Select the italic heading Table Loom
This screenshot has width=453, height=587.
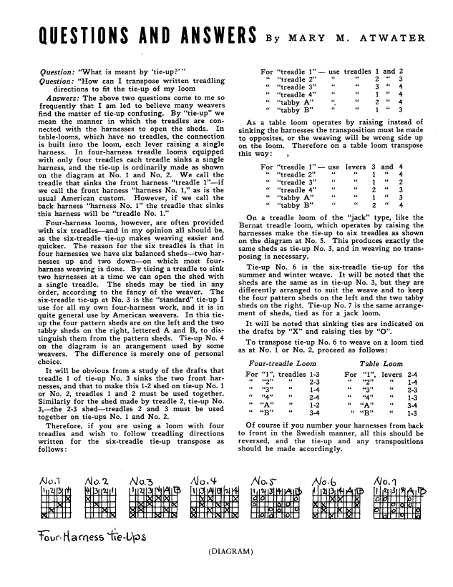coord(379,364)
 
